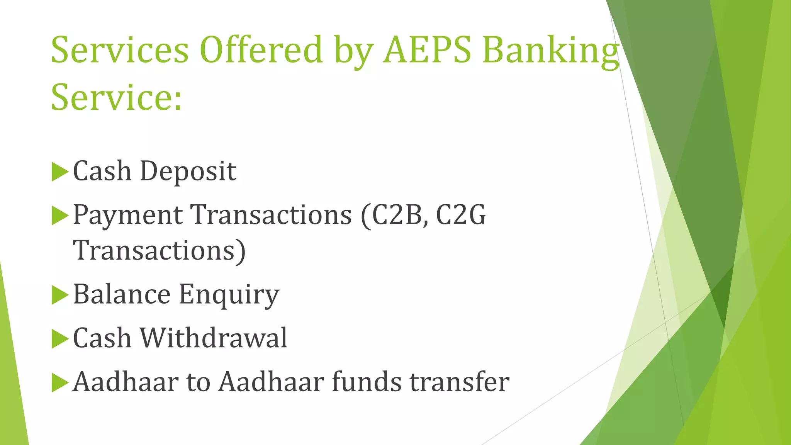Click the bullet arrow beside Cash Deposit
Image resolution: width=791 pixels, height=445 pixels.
(59, 172)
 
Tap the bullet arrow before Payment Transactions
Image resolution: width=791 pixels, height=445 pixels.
(59, 216)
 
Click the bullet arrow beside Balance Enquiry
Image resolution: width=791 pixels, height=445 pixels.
(59, 295)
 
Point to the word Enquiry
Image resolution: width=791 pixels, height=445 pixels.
(229, 295)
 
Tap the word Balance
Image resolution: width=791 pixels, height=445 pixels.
(122, 294)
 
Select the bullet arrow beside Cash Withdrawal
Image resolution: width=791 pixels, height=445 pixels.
(59, 339)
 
